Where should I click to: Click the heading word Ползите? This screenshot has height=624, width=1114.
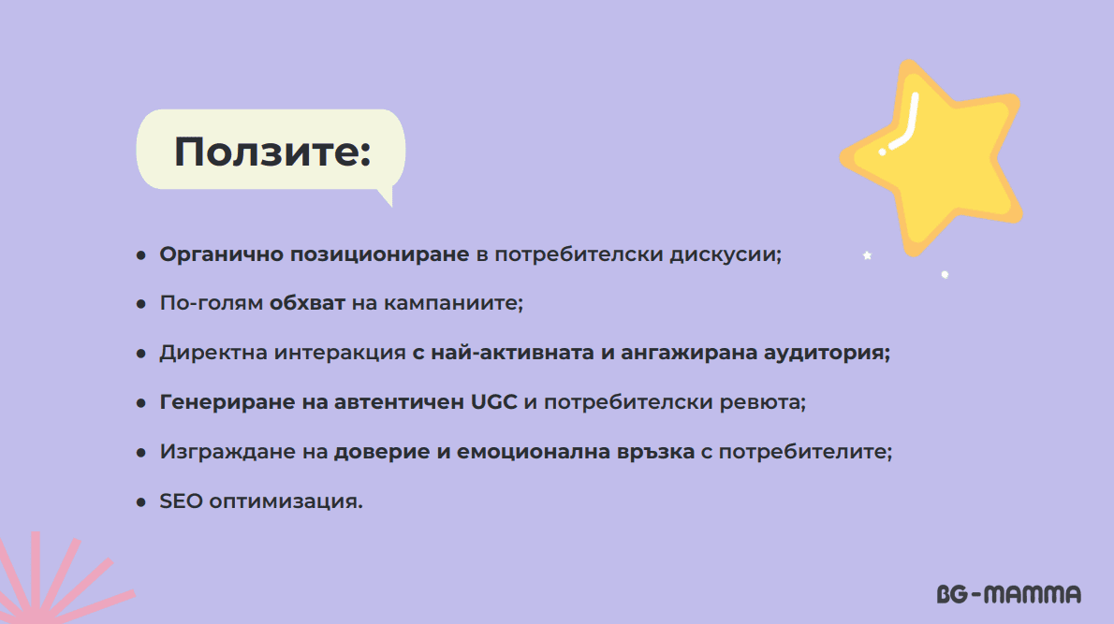click(272, 152)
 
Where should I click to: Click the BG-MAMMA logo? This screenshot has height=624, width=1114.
click(1009, 594)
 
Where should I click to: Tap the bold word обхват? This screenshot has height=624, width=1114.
click(307, 303)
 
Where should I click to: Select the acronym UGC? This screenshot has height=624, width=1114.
click(493, 401)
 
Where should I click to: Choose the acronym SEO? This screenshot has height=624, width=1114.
click(181, 501)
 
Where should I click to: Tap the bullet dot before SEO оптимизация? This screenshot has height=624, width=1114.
click(140, 502)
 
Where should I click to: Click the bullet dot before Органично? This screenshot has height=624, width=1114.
click(140, 254)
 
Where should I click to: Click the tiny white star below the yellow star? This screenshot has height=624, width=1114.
click(867, 255)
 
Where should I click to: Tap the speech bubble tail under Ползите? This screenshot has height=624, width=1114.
click(386, 196)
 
